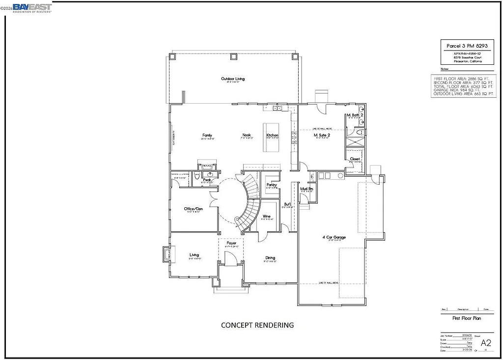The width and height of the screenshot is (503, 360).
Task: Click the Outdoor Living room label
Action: (232, 79)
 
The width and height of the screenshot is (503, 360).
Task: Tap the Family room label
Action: (207, 135)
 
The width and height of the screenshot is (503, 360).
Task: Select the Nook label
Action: (247, 135)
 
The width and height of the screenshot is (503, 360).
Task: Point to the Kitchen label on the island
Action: (272, 136)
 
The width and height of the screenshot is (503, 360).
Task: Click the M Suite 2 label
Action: (322, 135)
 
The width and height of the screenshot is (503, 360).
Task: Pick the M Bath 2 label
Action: (355, 115)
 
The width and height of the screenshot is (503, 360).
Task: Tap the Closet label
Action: (355, 159)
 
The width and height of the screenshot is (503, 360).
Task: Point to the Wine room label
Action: (267, 217)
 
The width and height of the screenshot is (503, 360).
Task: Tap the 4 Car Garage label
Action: (334, 237)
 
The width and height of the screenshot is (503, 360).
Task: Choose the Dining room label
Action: (270, 258)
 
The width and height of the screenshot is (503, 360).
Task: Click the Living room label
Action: (195, 255)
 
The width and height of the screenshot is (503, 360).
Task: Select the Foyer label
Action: (231, 243)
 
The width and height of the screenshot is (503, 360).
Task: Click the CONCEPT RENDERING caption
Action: (257, 325)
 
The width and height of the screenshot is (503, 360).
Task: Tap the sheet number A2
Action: (485, 342)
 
